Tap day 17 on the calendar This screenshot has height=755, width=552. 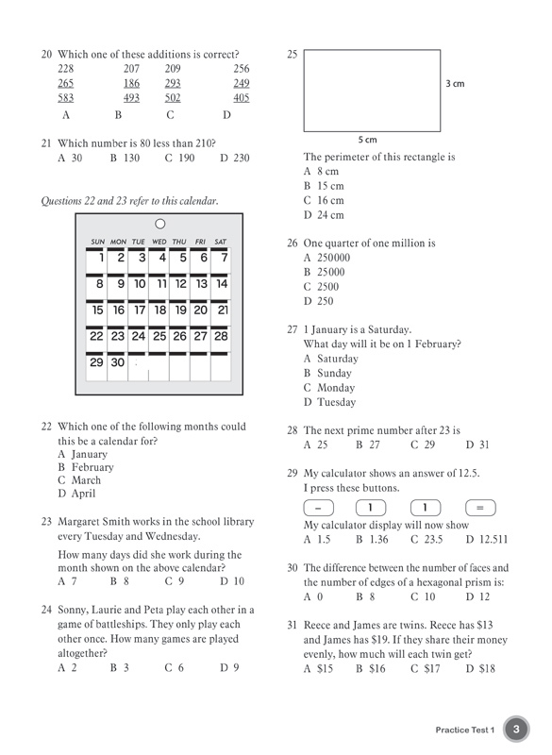[x=140, y=310]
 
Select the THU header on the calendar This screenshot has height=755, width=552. [x=179, y=242]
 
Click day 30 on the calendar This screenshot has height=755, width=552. [x=118, y=362]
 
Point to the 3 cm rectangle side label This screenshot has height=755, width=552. [x=455, y=84]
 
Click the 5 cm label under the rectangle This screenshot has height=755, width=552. [x=368, y=140]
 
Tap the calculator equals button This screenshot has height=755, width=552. [x=480, y=508]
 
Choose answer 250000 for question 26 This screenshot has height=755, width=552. [x=333, y=258]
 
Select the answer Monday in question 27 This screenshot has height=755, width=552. [x=336, y=388]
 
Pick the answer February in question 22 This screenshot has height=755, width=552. [x=92, y=467]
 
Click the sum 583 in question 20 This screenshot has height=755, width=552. [x=66, y=98]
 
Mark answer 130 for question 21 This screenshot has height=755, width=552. [x=131, y=158]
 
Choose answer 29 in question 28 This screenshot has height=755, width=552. [x=429, y=445]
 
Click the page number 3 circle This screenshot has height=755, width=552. [x=516, y=729]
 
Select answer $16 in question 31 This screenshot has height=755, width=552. [x=377, y=668]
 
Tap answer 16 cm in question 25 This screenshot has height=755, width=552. [x=330, y=200]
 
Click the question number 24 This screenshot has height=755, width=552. [x=46, y=610]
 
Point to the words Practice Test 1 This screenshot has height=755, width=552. [x=465, y=730]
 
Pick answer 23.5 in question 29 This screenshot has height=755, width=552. [x=433, y=539]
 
